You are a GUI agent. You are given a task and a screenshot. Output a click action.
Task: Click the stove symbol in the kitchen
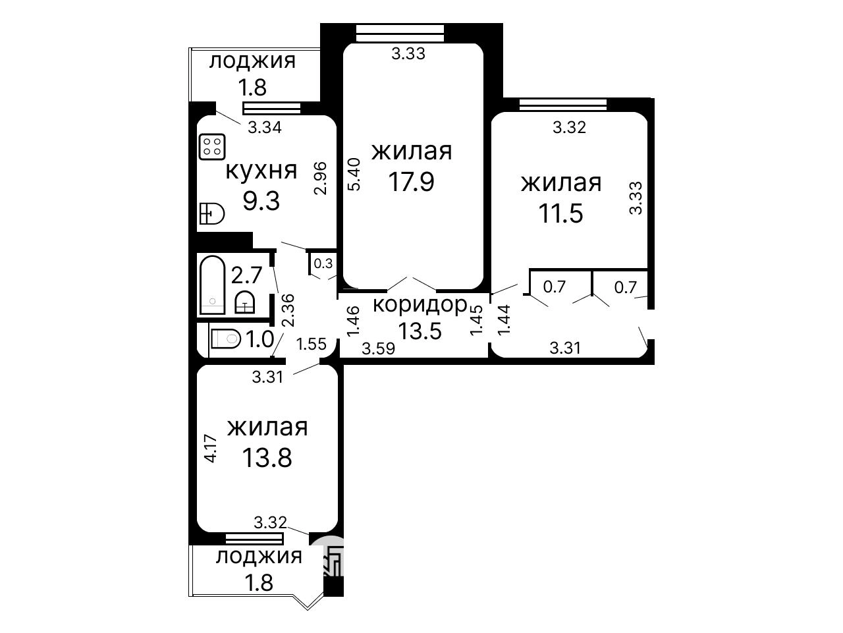click(x=212, y=147)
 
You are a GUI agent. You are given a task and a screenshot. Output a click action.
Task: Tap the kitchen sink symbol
click(x=212, y=213)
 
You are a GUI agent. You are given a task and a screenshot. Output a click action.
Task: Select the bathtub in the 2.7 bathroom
click(x=212, y=285)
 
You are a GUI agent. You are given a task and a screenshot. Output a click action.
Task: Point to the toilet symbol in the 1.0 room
click(x=226, y=339)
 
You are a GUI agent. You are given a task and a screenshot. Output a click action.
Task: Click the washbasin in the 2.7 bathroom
click(x=245, y=302)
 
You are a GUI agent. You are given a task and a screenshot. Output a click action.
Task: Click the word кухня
click(x=261, y=171)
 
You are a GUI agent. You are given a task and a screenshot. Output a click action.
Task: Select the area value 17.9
click(x=412, y=182)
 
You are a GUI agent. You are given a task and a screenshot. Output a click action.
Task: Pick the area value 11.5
click(x=560, y=213)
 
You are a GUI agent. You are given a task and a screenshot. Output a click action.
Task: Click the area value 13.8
click(x=267, y=458)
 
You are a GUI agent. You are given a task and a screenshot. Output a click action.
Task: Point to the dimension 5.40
click(x=354, y=174)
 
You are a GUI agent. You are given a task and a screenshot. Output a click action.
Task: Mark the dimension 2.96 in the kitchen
click(x=320, y=179)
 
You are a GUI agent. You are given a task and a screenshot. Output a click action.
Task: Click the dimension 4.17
click(x=211, y=448)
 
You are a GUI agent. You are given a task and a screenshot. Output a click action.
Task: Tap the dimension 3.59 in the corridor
click(x=379, y=348)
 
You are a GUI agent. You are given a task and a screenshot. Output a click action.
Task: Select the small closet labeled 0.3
click(x=323, y=263)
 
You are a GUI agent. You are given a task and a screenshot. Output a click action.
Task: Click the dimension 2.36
click(x=288, y=310)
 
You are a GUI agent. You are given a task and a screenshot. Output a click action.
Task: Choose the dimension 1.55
click(x=311, y=344)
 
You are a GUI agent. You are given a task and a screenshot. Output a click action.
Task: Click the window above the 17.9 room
click(x=400, y=33)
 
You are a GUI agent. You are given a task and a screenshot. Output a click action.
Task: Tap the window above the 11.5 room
click(x=563, y=105)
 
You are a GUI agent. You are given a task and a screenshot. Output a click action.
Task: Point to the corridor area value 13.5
click(x=420, y=330)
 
